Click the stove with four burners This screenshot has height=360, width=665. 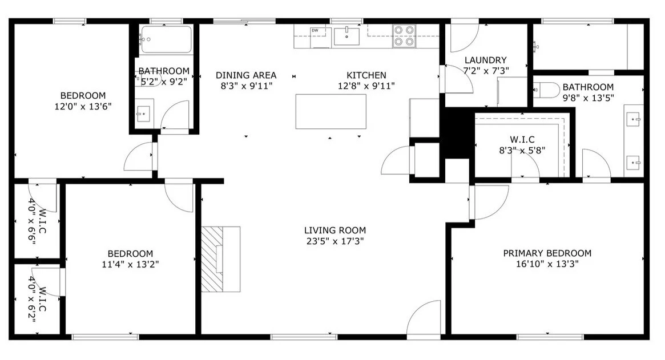(404, 35)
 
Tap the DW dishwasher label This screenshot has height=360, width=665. (315, 30)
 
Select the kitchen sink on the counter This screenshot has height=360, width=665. (346, 36)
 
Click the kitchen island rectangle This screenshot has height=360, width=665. (331, 111)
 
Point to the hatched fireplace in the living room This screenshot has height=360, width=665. (212, 259)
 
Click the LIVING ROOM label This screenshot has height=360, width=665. (335, 230)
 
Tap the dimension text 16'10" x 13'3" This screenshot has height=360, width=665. (547, 264)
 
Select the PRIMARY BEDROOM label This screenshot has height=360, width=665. (547, 253)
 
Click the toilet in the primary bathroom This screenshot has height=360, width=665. (547, 90)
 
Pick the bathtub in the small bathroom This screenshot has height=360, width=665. (166, 39)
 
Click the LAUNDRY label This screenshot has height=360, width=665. (486, 60)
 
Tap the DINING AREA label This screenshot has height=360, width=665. (246, 75)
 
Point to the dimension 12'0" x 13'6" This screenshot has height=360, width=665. (83, 107)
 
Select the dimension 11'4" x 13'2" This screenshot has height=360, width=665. (130, 265)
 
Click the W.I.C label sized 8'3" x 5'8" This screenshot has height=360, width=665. (522, 139)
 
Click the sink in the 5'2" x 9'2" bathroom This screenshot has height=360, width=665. (143, 114)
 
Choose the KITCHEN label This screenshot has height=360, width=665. (366, 75)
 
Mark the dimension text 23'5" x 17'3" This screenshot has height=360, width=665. (335, 241)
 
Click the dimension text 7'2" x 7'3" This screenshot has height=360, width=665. (486, 71)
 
